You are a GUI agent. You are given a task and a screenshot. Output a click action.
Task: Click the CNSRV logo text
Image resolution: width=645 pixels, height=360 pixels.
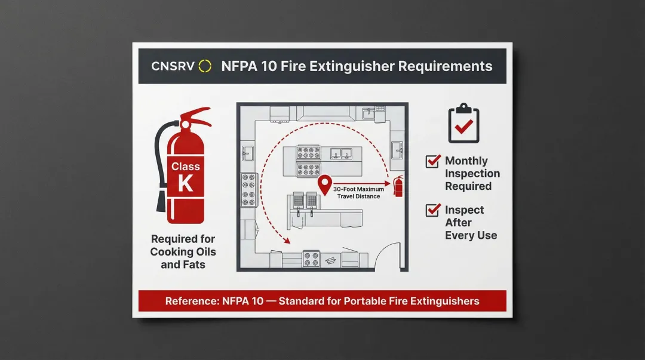(x=173, y=66)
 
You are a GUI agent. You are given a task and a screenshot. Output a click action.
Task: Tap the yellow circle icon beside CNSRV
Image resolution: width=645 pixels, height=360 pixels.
(x=205, y=66)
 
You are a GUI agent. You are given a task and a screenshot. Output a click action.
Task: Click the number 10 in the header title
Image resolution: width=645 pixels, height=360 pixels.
(x=269, y=66)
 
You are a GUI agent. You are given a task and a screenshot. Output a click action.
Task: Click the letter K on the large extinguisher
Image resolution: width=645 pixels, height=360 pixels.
(x=186, y=183)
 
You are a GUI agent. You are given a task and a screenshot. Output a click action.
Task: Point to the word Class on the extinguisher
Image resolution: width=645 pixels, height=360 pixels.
(x=186, y=167)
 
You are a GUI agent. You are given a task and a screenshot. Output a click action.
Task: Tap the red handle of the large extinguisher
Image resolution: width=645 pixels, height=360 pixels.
(x=196, y=116)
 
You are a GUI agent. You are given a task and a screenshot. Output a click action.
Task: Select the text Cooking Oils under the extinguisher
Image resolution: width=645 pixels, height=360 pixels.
(x=183, y=252)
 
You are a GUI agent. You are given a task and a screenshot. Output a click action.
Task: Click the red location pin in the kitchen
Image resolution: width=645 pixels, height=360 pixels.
(x=324, y=183)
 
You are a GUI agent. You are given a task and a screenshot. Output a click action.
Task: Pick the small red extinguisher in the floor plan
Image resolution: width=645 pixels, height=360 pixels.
(x=398, y=186)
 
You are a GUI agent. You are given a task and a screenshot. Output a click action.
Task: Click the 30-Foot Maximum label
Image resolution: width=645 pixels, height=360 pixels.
(x=359, y=189)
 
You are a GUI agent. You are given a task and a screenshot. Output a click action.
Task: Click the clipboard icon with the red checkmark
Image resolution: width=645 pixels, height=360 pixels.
(x=463, y=123)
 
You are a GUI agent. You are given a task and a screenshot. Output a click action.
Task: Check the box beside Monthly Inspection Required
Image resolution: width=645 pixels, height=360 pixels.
(x=432, y=161)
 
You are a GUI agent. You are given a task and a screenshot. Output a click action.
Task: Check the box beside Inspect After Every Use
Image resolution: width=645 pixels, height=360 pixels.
(x=432, y=210)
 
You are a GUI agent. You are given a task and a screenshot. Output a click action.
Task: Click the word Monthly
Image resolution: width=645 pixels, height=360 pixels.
(x=466, y=161)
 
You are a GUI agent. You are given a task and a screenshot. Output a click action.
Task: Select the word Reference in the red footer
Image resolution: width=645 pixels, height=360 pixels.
(x=192, y=301)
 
